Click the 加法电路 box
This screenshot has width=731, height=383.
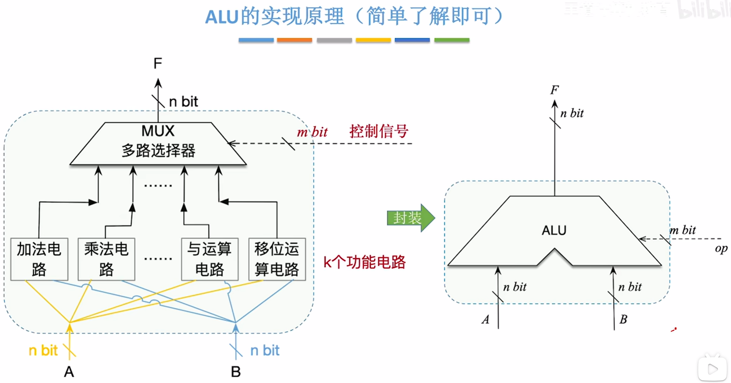39,259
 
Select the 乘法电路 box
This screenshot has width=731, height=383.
106,259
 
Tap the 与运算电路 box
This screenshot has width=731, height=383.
210,259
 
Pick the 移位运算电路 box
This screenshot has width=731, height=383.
277,259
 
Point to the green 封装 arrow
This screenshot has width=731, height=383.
410,218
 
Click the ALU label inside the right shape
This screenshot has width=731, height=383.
554,231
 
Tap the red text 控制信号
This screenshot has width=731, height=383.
379,132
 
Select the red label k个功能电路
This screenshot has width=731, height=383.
364,262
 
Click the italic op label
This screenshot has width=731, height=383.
721,249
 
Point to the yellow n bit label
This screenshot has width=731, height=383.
43,351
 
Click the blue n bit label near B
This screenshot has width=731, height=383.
265,351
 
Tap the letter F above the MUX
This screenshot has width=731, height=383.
158,64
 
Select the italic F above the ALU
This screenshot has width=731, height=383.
554,90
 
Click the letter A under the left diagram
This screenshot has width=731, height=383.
69,372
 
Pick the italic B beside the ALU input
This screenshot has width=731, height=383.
623,319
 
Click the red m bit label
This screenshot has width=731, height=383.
312,132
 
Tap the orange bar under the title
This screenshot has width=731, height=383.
294,40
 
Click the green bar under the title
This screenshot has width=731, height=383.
452,40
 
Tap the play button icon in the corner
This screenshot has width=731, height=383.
712,369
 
